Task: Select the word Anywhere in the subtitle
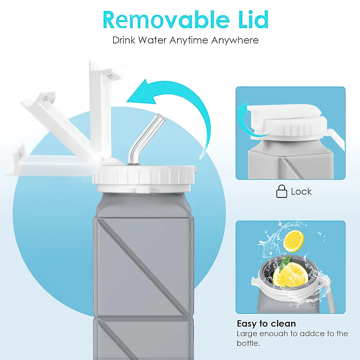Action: coord(235,40)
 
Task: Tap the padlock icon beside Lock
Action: coord(282,192)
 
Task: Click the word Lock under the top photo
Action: coord(301,192)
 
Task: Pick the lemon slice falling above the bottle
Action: coord(293,241)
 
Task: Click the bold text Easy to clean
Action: coord(266,323)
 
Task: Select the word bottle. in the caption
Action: coord(248,343)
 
